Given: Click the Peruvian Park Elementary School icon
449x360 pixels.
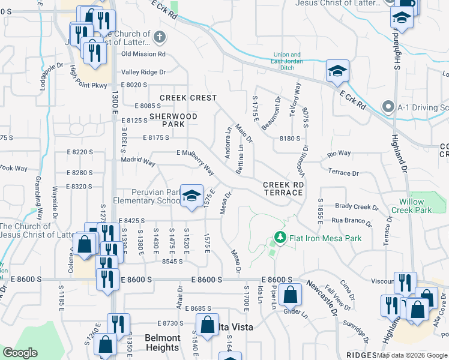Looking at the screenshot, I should [191, 196].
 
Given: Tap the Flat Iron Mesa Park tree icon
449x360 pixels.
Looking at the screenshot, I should [279, 238].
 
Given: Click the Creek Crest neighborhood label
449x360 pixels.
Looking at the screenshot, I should [188, 97].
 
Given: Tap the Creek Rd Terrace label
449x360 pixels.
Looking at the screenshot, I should [282, 188].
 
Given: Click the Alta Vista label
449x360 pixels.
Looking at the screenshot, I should [234, 327].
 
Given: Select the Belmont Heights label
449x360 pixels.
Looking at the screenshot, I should [162, 343].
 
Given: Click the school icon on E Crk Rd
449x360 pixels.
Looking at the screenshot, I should [337, 71].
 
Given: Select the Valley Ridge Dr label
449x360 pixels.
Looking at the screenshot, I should [143, 72].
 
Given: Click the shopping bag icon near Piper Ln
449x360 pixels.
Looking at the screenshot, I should [290, 295].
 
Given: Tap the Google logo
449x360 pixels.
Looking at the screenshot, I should [20, 353].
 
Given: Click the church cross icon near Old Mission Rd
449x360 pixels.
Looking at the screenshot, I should [159, 37].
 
